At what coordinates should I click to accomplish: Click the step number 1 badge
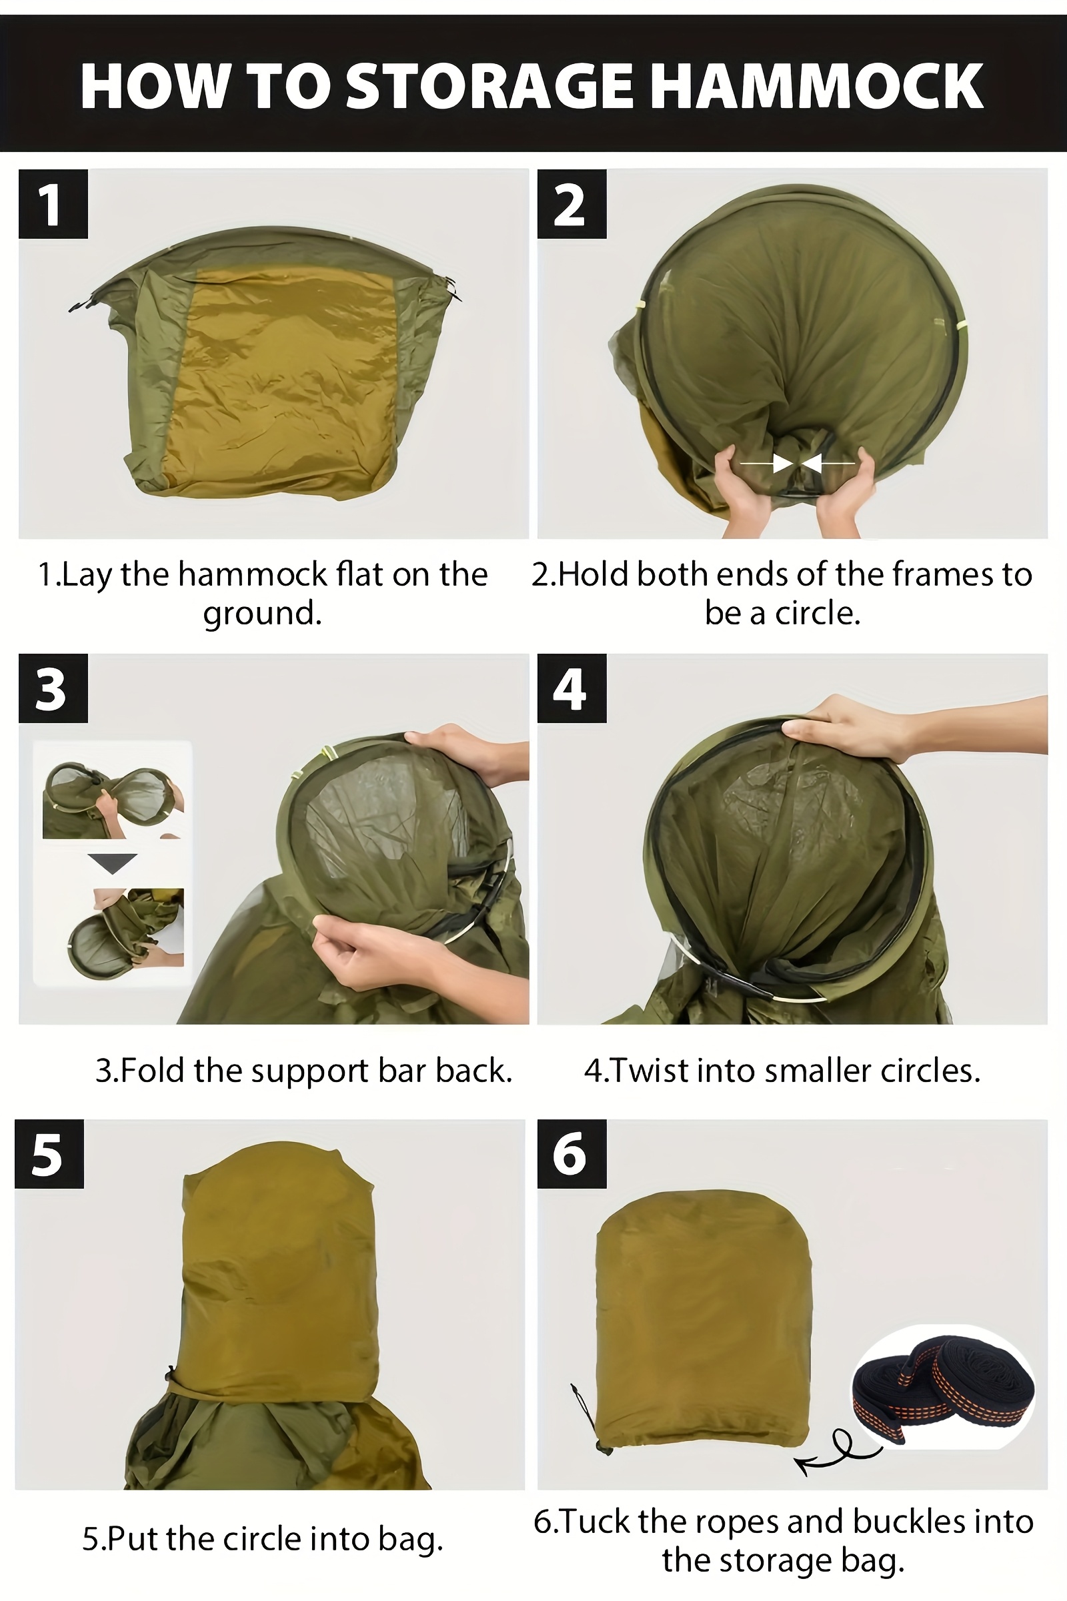53,203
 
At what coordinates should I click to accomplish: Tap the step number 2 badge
572,203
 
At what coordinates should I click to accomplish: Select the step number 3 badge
53,688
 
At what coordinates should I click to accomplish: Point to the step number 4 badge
572,688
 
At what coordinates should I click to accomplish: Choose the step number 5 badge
49,1154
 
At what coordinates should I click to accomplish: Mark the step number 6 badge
572,1154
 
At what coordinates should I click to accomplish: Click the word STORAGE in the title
489,87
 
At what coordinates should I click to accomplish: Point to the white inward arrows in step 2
797,464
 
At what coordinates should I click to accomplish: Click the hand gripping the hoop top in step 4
912,732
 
